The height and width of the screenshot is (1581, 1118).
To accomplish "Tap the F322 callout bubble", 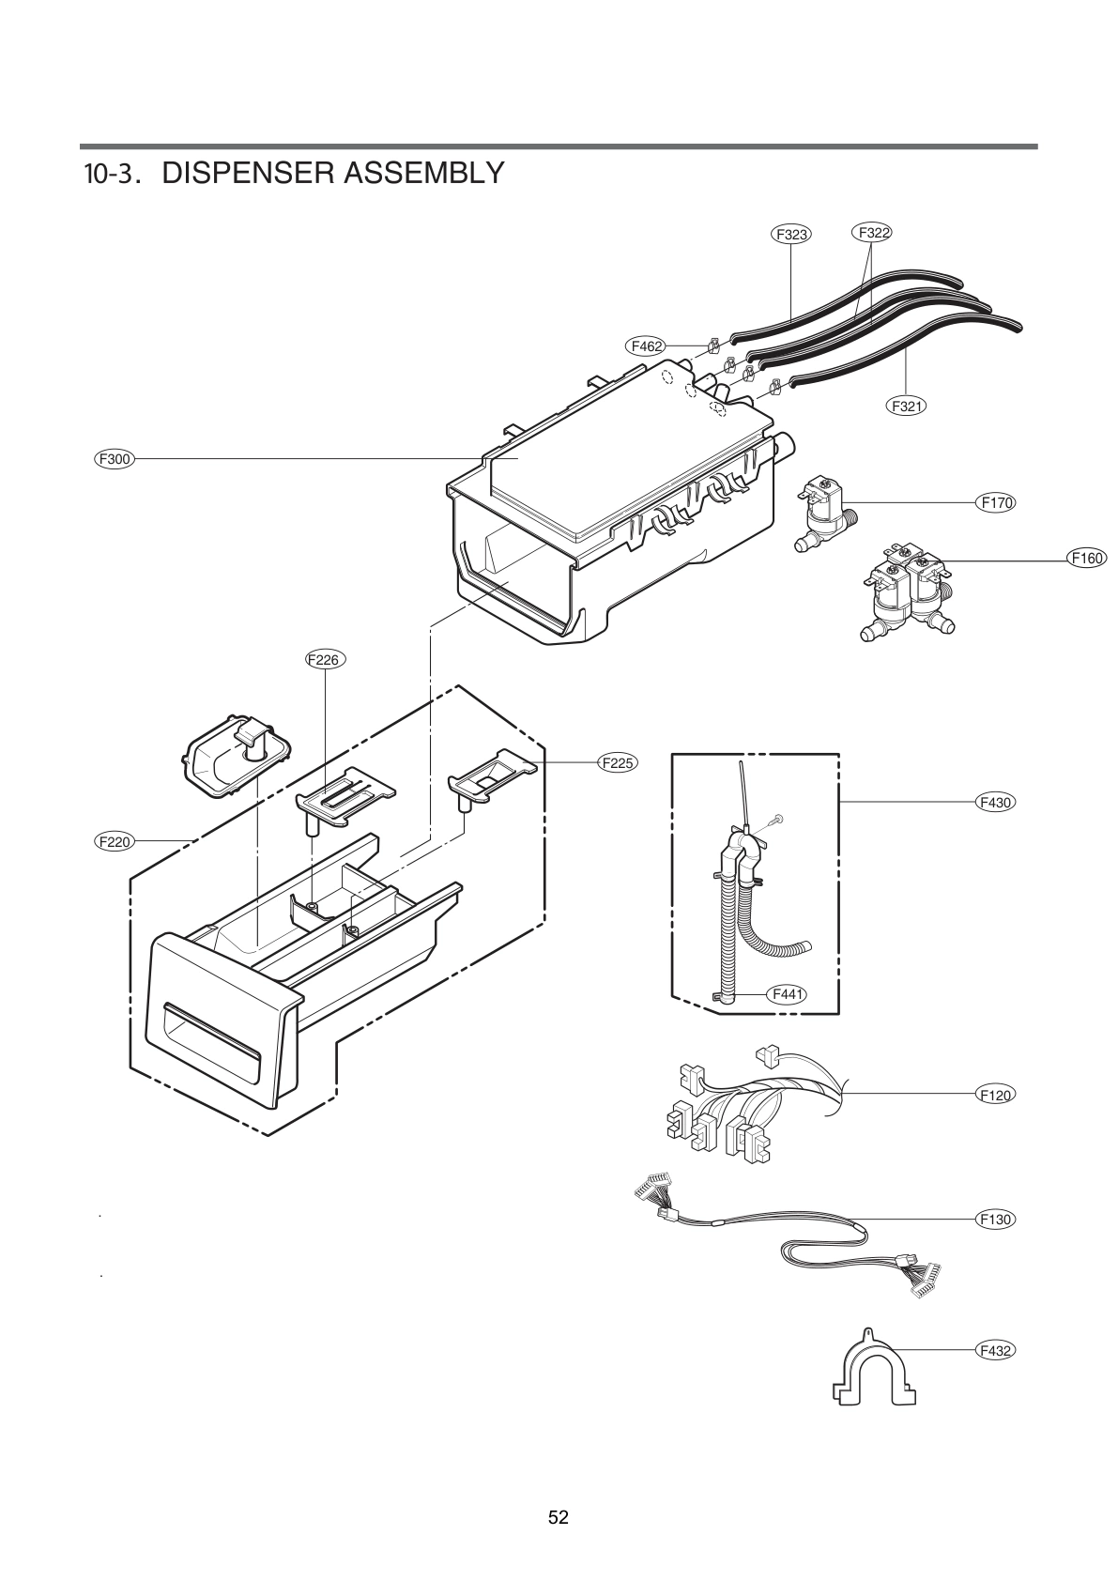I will click(x=872, y=232).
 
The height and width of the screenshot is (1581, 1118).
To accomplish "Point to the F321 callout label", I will click(x=906, y=406).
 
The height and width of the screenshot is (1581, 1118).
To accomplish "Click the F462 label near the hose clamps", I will click(x=646, y=346).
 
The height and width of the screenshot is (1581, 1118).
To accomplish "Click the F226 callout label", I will click(x=325, y=659).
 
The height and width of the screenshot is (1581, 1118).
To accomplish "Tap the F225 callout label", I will click(x=617, y=762).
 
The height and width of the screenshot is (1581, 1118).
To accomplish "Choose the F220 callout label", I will click(x=115, y=842).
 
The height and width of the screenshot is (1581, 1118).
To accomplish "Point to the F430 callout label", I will click(x=995, y=803).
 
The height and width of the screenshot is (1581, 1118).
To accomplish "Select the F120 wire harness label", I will click(x=995, y=1095).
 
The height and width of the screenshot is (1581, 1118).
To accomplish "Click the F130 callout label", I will click(x=995, y=1220).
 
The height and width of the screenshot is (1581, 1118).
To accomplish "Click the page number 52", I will click(x=559, y=1517).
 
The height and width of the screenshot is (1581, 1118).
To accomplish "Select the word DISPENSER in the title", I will click(x=249, y=173).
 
